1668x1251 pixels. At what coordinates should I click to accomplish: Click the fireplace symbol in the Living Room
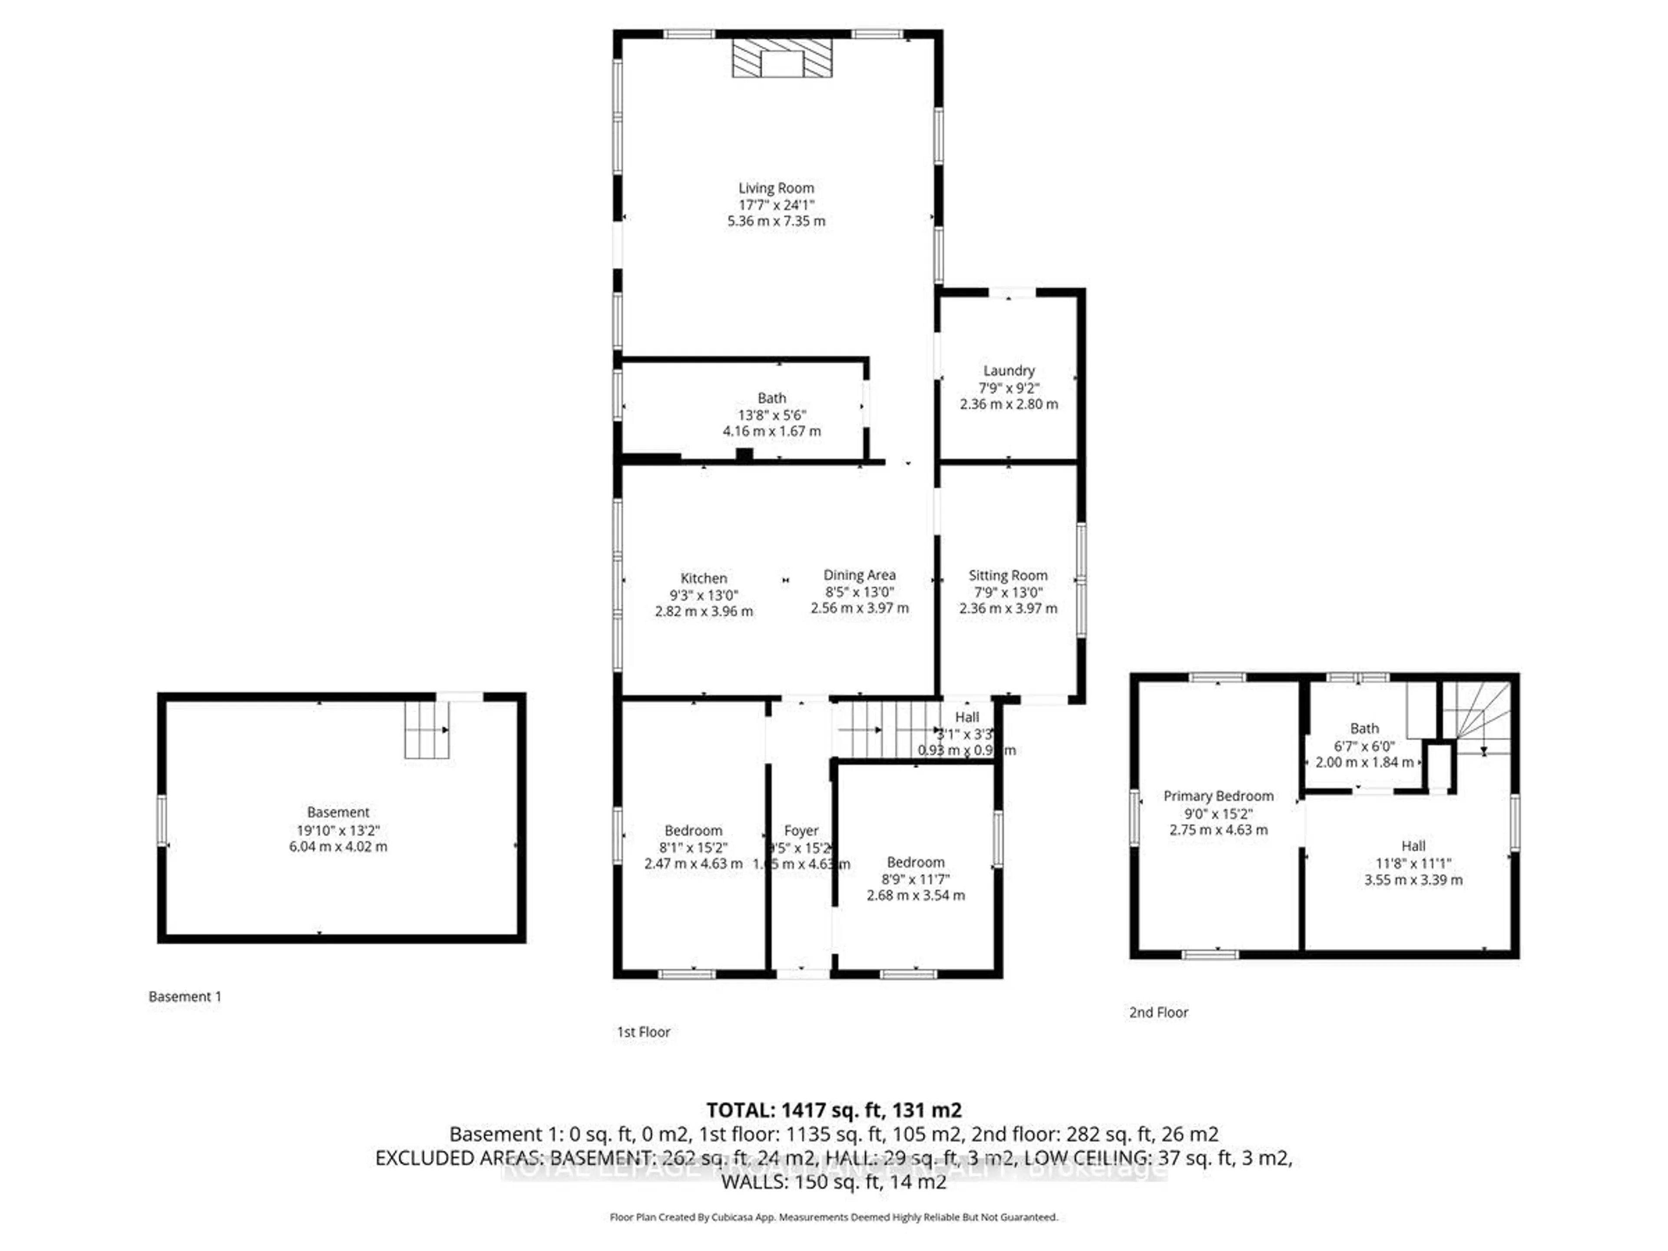782,59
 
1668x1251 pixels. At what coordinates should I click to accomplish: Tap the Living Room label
776,188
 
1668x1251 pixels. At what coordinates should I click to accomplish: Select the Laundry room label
1008,370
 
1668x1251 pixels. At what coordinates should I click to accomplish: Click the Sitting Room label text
1007,576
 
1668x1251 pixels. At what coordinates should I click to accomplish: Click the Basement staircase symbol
427,730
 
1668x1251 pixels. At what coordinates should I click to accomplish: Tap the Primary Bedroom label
1218,795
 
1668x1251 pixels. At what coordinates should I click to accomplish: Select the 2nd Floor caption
1158,1013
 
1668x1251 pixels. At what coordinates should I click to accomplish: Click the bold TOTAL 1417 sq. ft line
833,1110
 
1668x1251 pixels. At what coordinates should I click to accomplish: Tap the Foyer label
801,830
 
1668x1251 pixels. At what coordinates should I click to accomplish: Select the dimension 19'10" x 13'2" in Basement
338,830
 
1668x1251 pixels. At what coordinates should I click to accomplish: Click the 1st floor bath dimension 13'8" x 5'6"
771,415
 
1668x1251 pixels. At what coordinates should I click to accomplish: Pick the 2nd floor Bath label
1364,728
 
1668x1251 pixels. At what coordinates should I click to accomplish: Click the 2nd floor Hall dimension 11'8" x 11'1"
1413,864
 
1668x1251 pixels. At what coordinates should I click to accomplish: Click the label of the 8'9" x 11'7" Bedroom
915,862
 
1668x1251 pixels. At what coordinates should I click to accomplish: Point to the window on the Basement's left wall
162,821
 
